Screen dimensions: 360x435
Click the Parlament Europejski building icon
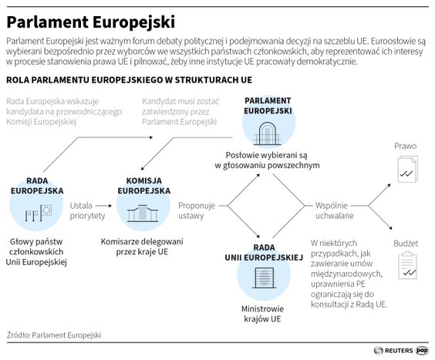268,132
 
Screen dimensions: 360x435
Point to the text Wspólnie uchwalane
332,211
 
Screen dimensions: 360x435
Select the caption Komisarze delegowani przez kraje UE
143,246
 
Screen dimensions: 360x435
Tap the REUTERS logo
392,349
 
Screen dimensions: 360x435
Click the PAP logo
422,349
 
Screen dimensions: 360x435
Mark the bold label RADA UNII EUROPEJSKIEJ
263,251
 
